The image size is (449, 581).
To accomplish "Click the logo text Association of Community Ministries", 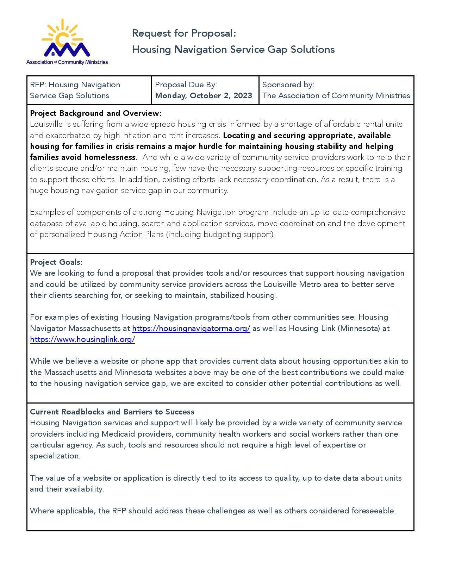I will (67, 62).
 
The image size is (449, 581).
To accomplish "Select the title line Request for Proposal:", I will (184, 33).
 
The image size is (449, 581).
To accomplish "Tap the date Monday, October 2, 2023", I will (204, 96).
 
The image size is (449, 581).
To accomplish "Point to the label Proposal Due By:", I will (186, 85).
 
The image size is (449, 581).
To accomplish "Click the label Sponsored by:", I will (288, 85).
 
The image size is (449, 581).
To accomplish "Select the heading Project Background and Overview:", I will (95, 113).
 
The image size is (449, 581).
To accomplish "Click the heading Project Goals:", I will (56, 262).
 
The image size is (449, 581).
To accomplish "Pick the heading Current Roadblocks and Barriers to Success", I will (112, 412).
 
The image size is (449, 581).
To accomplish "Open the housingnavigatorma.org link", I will (191, 329).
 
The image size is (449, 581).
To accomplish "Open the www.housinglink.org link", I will (82, 339).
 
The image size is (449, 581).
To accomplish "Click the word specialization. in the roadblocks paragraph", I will (55, 456).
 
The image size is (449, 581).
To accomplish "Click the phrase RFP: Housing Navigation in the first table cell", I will (75, 85).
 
